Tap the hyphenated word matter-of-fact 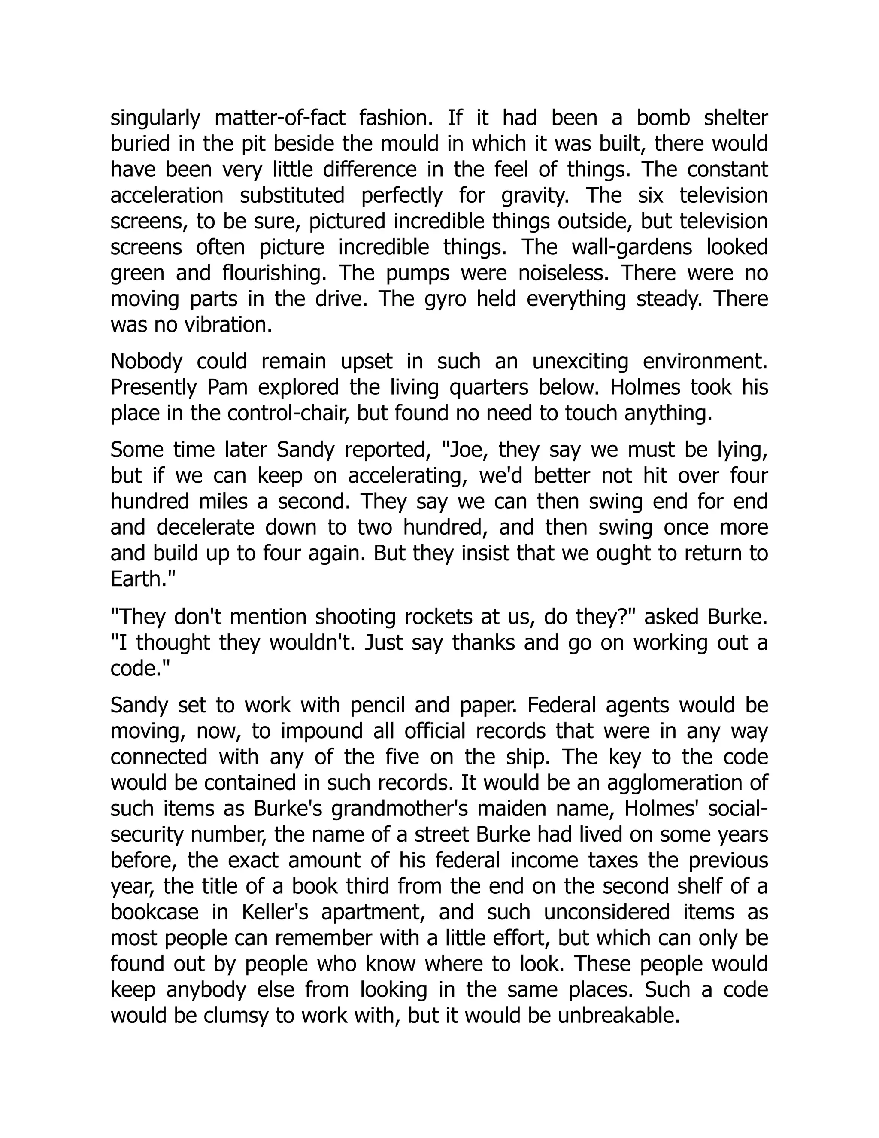click(x=280, y=118)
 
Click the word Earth click(x=136, y=579)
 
